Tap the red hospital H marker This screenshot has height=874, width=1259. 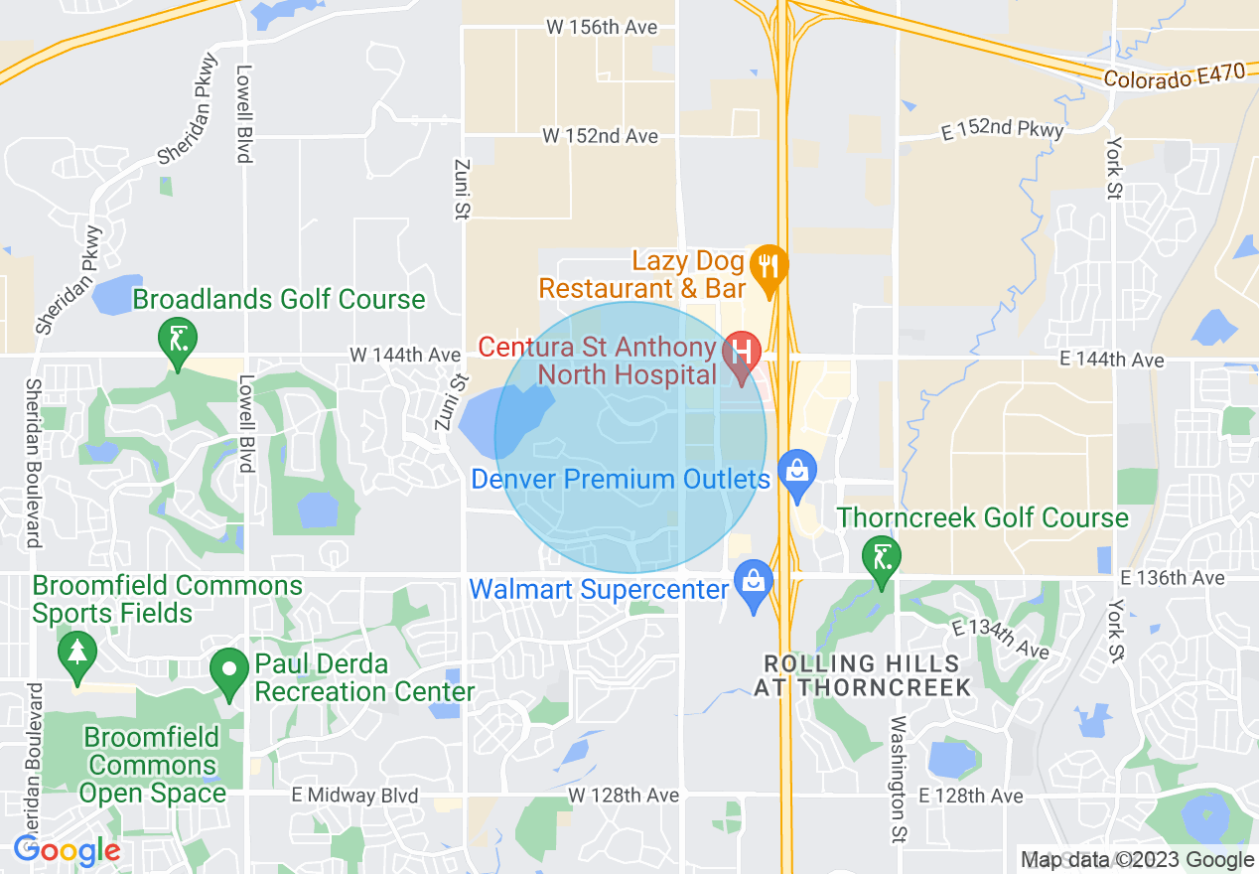[740, 352]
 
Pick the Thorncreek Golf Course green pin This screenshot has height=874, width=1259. [880, 555]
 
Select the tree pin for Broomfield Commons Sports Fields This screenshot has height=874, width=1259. [75, 655]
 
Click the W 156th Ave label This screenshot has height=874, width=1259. [602, 27]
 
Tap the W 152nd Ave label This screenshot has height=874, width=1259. [600, 135]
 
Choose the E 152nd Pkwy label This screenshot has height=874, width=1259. [1003, 129]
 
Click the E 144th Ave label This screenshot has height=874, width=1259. [1111, 360]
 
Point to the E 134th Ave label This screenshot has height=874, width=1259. [999, 639]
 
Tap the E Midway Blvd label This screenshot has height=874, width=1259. [355, 796]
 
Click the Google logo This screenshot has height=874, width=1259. [68, 851]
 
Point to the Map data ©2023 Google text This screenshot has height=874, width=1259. [1138, 860]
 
